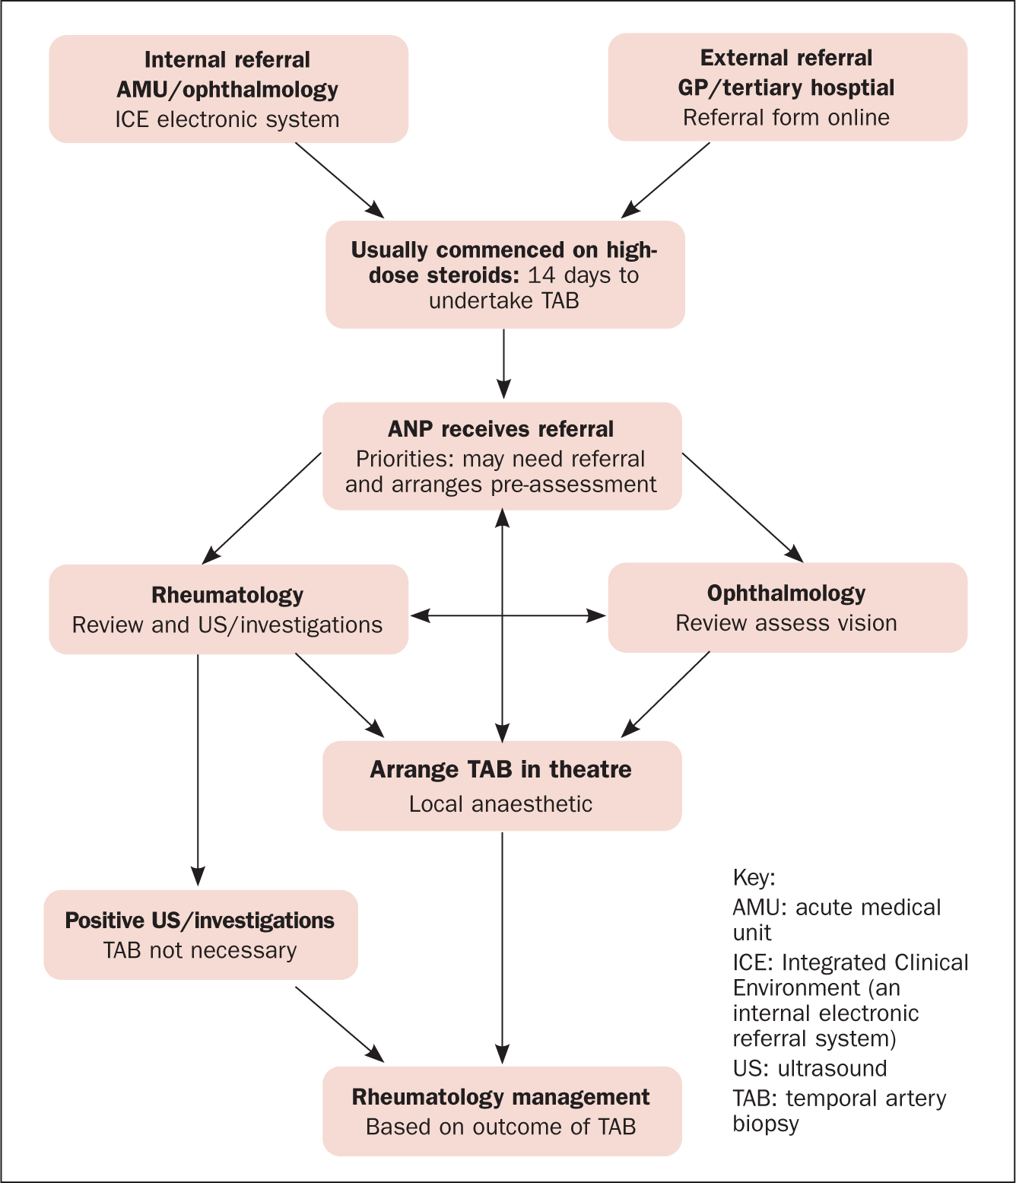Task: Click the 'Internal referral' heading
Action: tap(227, 59)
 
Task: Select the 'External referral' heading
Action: tap(786, 58)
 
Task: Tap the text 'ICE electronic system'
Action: tap(227, 119)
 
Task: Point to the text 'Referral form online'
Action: tap(786, 117)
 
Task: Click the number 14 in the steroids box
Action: tap(541, 275)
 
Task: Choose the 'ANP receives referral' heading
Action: tap(500, 429)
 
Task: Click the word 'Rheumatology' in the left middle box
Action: tap(227, 595)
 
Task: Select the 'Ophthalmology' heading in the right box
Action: tap(786, 593)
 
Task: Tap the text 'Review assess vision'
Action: tap(786, 623)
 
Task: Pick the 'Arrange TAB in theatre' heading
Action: tap(500, 769)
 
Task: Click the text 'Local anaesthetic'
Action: tap(500, 804)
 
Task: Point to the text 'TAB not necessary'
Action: tap(200, 951)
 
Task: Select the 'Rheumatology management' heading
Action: tap(500, 1097)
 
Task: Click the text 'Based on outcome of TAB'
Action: tap(500, 1127)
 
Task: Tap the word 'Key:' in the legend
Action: tap(754, 878)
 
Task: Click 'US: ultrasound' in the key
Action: tap(809, 1069)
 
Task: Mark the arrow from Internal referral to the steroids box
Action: tap(340, 180)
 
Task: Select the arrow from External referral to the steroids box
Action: tap(665, 180)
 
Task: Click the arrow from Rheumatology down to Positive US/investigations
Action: tap(198, 770)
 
